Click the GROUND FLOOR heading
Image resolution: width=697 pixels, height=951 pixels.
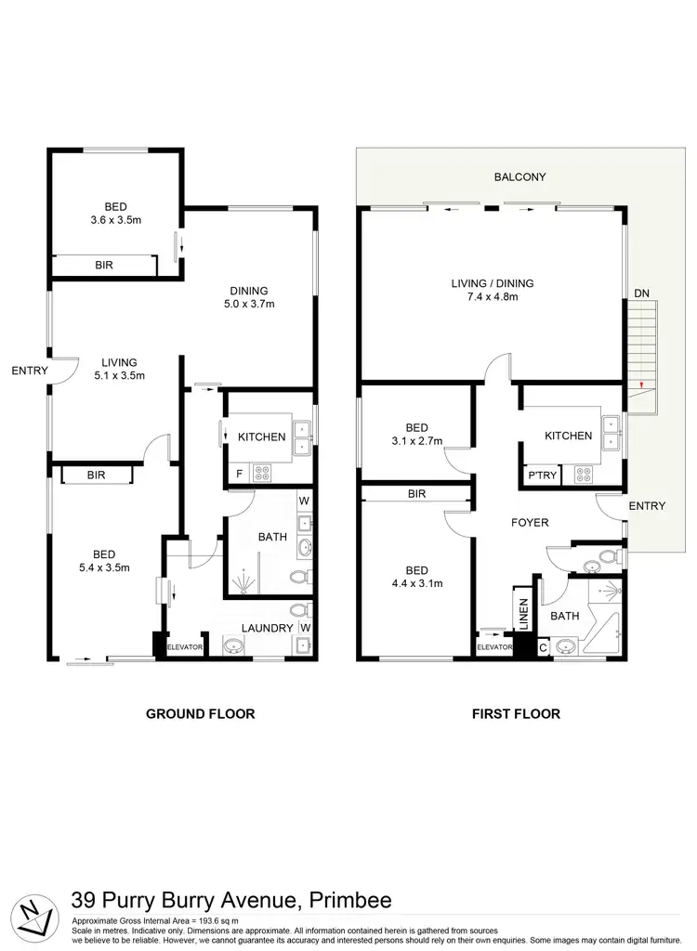click(200, 714)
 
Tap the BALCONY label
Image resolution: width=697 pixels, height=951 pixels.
click(519, 176)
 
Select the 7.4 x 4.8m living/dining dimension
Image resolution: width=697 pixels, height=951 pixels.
click(493, 297)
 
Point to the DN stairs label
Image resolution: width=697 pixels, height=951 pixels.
click(641, 293)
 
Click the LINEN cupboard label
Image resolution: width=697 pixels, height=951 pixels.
click(523, 615)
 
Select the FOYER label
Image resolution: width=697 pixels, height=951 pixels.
click(530, 523)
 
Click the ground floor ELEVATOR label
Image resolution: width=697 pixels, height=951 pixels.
click(183, 646)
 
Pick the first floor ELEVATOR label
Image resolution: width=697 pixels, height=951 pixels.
click(494, 646)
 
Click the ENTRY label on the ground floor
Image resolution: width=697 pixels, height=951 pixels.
click(29, 371)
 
